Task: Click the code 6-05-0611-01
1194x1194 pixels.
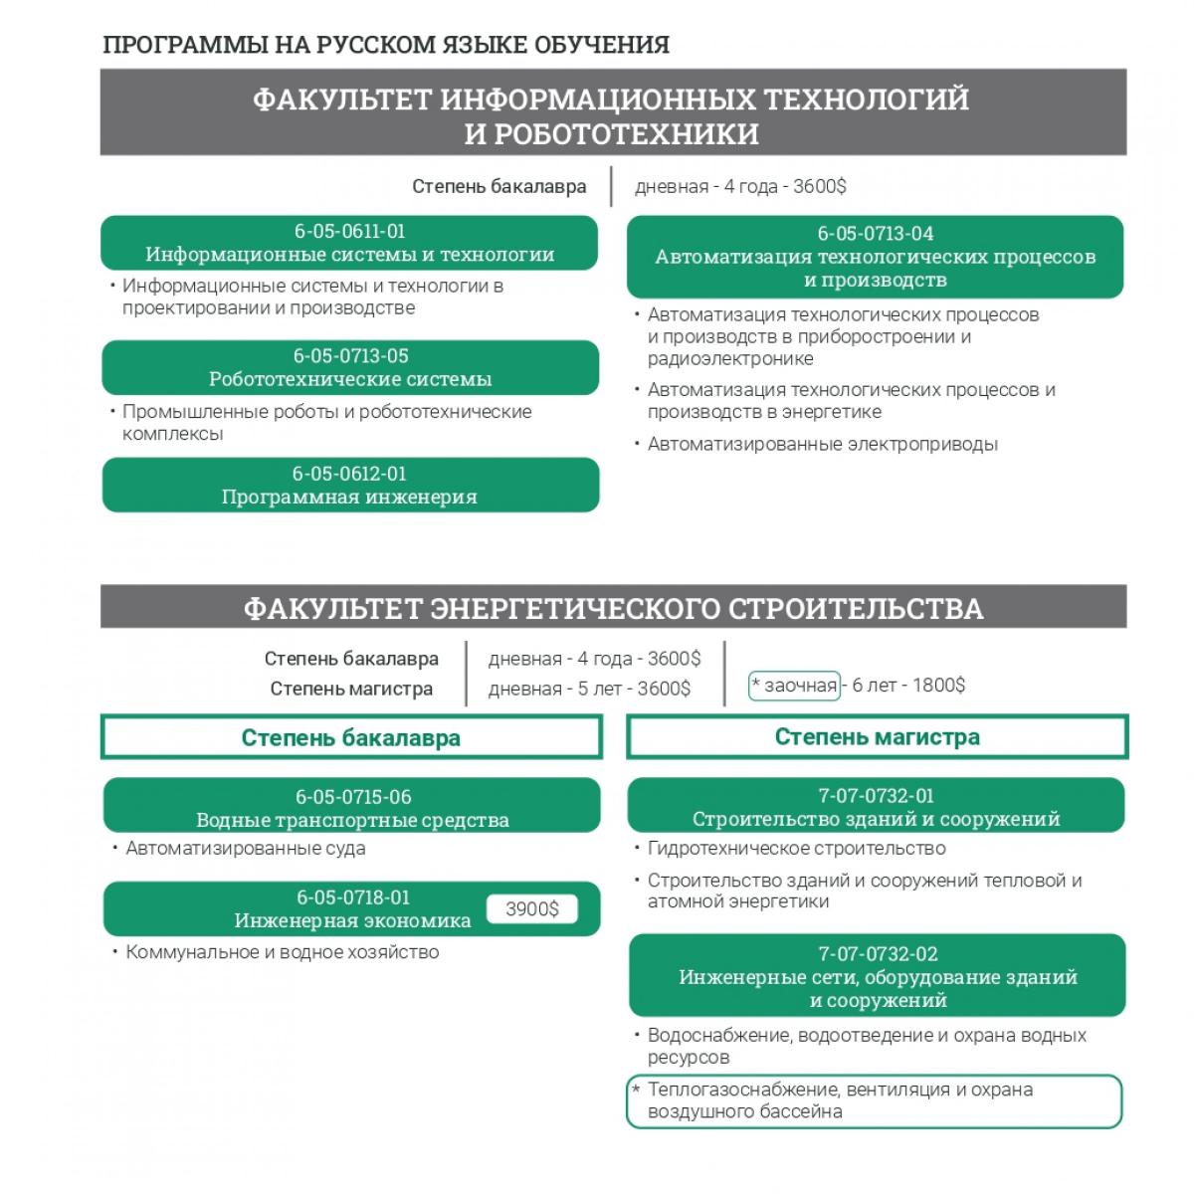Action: [349, 231]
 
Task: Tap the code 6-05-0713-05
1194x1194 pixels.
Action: [350, 356]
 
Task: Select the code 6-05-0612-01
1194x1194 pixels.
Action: [349, 474]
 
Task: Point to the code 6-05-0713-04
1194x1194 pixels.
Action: [876, 234]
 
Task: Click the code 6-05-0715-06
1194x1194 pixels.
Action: [352, 797]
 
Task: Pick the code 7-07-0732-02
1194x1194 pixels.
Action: [878, 954]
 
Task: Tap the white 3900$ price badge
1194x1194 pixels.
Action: [531, 909]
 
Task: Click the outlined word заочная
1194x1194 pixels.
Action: [794, 686]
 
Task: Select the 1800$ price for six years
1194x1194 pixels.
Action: [938, 686]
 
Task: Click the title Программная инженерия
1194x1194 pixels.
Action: [349, 497]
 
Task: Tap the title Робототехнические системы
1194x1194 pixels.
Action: [350, 379]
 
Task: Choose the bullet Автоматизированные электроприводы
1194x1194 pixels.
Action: [822, 445]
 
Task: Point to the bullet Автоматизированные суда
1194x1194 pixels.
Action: [245, 849]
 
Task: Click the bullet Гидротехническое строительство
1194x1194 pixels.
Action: [796, 849]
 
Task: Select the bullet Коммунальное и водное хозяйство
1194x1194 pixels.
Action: [282, 952]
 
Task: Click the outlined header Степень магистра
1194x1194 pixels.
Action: [877, 737]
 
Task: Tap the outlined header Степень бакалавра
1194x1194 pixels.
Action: [351, 738]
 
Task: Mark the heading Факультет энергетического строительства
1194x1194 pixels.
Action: [613, 608]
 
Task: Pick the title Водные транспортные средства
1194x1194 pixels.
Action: [352, 821]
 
